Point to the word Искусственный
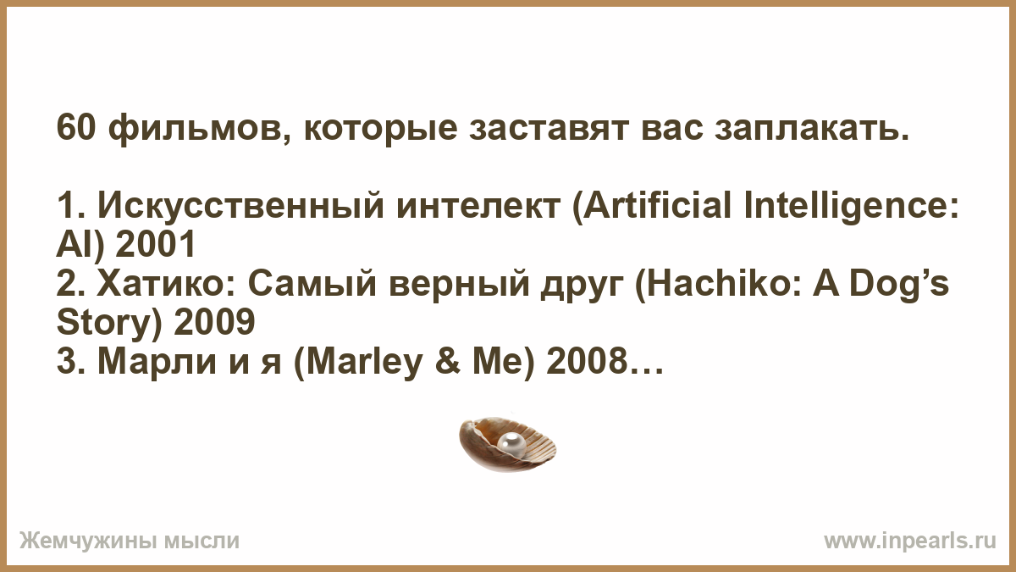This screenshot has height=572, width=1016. point(240,205)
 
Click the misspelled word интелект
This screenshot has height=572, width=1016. point(478,207)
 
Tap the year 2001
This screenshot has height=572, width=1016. point(155,244)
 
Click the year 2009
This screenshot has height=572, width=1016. point(214,321)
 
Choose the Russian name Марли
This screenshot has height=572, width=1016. point(157,362)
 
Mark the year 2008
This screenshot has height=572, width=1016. point(586,361)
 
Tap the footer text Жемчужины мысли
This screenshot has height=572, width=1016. point(130,541)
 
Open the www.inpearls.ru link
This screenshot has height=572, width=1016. point(910,541)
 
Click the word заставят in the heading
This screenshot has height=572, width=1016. point(549,129)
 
